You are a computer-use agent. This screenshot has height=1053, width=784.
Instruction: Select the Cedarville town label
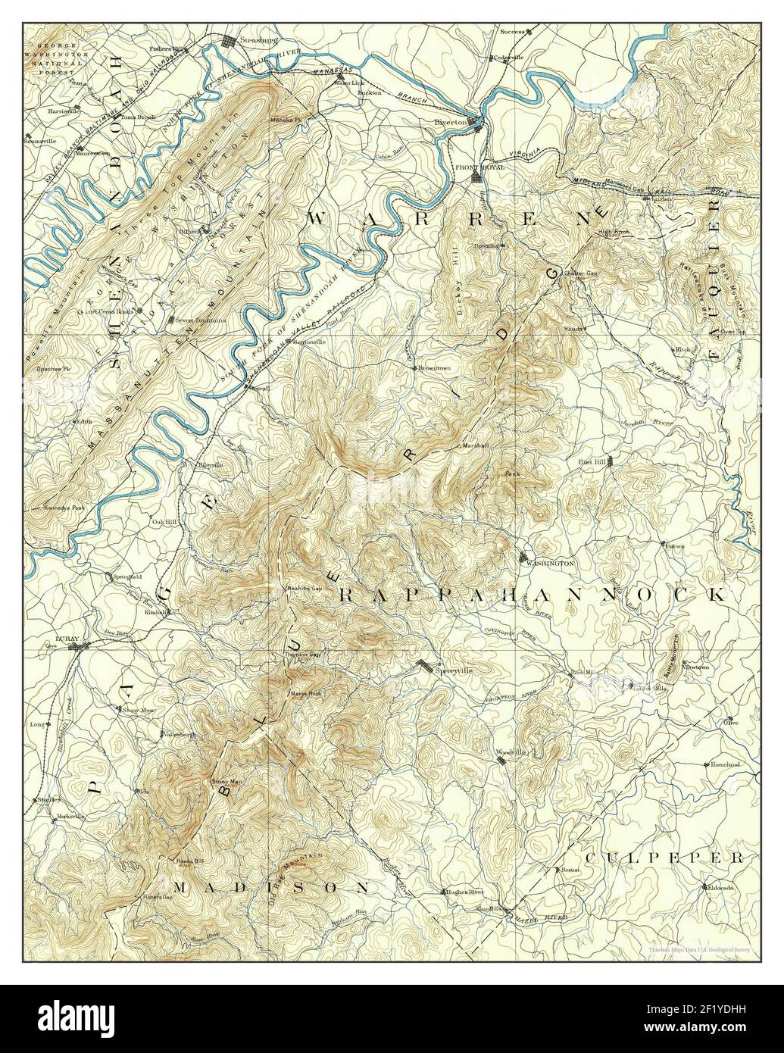[x=509, y=58]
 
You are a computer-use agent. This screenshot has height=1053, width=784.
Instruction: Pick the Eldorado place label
[x=720, y=886]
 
